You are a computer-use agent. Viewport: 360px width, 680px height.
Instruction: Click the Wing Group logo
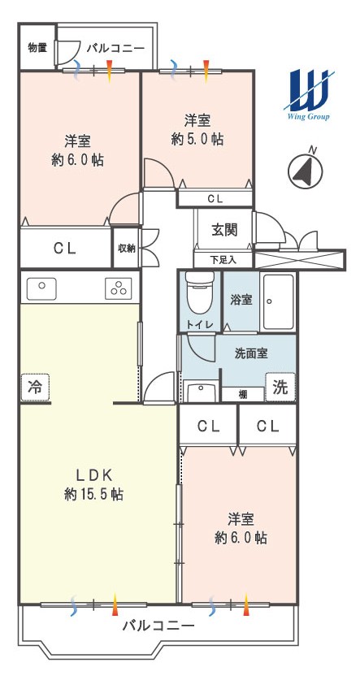point(308,95)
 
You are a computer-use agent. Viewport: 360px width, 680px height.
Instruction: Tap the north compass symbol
point(306,169)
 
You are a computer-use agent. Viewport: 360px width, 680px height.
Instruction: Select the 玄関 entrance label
point(224,229)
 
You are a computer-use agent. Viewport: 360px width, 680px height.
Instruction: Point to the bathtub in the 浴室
point(279,301)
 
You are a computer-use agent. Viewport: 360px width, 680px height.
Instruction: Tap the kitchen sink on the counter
point(41,288)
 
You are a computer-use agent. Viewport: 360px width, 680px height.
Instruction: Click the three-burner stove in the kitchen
point(118,288)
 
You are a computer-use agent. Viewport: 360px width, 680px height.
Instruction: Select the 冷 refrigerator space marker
point(35,387)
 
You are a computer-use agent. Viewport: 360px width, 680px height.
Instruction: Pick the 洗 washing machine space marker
point(280,387)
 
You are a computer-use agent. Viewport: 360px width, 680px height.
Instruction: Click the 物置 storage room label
point(37,48)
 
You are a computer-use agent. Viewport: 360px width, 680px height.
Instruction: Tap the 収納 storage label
point(126,249)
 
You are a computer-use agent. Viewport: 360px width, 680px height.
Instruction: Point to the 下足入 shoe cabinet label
point(223,260)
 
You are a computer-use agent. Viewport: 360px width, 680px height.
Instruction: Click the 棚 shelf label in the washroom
point(242,395)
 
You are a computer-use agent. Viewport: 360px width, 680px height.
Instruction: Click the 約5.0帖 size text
point(197,139)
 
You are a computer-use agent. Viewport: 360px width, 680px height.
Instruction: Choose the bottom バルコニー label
point(158,626)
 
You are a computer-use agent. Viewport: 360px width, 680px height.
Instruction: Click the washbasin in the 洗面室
point(200,392)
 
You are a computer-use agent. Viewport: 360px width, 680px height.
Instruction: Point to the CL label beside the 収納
point(65,248)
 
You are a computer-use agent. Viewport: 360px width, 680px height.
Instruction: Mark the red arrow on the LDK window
point(115,605)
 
